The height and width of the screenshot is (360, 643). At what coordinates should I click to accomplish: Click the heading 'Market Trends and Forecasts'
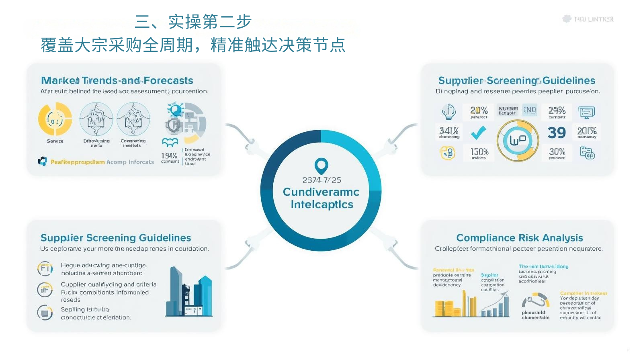tap(117, 80)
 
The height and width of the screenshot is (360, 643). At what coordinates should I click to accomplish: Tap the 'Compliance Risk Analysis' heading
tap(519, 238)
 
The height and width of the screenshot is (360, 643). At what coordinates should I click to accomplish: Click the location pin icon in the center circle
tap(321, 166)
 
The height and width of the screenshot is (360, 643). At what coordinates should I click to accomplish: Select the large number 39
tap(557, 133)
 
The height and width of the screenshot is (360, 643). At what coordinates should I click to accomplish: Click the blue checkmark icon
tap(478, 132)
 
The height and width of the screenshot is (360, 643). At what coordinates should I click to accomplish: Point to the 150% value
tap(479, 152)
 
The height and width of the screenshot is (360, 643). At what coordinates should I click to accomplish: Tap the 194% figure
tap(169, 155)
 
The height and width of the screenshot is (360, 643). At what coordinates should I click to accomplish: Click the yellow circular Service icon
tap(55, 119)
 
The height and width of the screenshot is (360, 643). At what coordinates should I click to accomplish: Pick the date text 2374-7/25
tap(321, 180)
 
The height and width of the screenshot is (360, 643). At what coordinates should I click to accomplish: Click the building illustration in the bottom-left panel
tap(189, 292)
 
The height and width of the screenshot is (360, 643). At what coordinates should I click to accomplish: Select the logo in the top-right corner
tap(588, 19)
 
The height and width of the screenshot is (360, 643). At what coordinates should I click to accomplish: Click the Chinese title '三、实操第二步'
tap(193, 22)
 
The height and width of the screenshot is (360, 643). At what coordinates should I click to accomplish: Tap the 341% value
tap(449, 131)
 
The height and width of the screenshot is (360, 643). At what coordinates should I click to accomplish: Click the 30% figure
tap(557, 152)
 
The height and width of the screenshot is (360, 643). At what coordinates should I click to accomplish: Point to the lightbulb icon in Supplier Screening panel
tap(448, 111)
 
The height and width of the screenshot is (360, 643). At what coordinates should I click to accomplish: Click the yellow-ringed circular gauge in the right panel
tap(518, 141)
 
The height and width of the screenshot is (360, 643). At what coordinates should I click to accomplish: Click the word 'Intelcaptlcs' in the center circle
tap(322, 205)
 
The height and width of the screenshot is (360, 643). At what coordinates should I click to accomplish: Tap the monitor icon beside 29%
tap(586, 112)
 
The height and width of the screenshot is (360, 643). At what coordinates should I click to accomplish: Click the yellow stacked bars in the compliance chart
tap(446, 308)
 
